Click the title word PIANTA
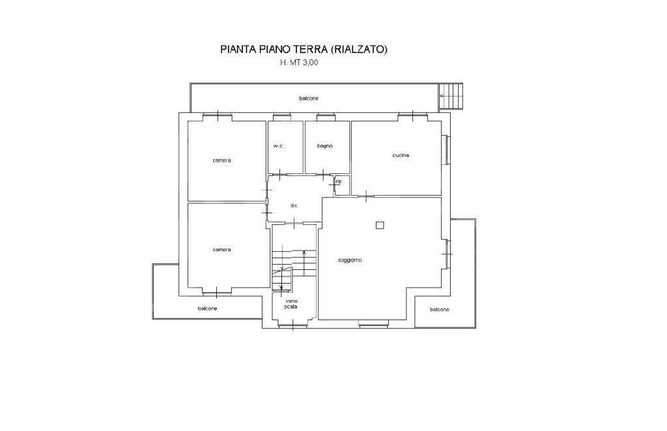(236, 50)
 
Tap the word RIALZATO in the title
(360, 50)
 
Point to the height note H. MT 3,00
(299, 63)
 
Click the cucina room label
(401, 155)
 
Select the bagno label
(325, 146)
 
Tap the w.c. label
(279, 146)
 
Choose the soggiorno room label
(350, 260)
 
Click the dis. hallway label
(294, 205)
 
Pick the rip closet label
(339, 181)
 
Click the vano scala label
(291, 304)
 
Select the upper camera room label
(221, 160)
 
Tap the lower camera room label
(221, 250)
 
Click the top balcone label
(308, 98)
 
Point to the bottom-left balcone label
(208, 308)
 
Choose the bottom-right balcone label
(440, 310)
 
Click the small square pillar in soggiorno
(380, 226)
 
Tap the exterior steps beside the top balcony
(451, 96)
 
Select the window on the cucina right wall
(445, 149)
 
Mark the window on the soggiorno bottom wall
(373, 323)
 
